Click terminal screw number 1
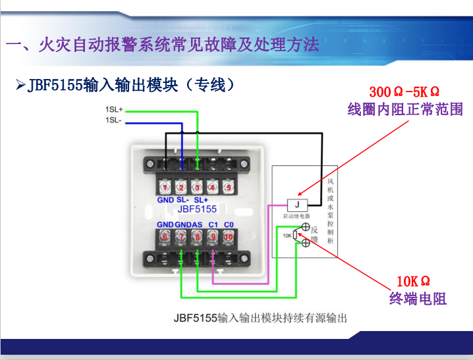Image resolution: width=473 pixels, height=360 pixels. [x=165, y=188]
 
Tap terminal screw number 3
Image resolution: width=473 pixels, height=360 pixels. [x=197, y=188]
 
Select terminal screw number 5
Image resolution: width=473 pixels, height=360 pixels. [x=229, y=188]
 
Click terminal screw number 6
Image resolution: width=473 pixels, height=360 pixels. [x=165, y=237]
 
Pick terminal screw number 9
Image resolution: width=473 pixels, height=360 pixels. [x=213, y=237]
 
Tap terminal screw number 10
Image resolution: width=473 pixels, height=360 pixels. [x=229, y=237]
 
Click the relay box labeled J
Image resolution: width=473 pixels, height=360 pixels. [x=297, y=205]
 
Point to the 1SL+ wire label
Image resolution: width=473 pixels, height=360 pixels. [x=114, y=109]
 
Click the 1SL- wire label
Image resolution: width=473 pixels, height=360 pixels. [x=113, y=120]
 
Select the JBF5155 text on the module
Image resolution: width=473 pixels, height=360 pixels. [x=197, y=209]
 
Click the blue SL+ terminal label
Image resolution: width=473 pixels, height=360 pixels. [x=201, y=200]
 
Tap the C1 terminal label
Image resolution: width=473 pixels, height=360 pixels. [x=213, y=224]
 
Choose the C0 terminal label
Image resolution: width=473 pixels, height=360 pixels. [x=229, y=224]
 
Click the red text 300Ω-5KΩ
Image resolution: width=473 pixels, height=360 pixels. [x=404, y=92]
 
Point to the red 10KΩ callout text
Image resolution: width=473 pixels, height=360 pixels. [x=413, y=282]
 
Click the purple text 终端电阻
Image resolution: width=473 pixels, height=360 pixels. [x=418, y=299]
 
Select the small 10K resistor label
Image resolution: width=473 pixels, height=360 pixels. [x=287, y=236]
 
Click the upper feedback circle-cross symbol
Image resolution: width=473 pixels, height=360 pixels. [x=306, y=227]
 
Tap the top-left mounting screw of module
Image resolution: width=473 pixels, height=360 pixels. [x=150, y=164]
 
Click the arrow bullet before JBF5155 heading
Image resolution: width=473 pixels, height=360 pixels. [x=20, y=85]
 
